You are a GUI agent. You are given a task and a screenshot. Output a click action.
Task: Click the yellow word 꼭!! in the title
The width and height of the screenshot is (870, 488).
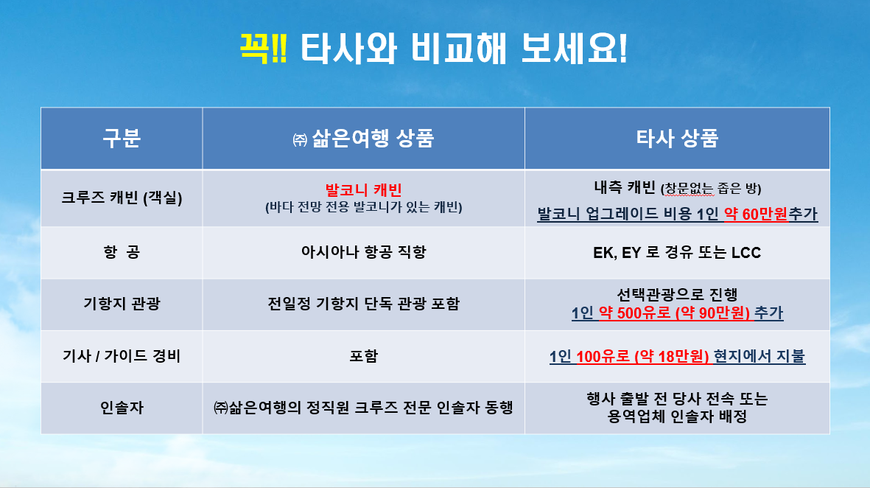point(263,49)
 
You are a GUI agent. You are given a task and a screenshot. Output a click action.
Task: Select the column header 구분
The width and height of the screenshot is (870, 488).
point(122,138)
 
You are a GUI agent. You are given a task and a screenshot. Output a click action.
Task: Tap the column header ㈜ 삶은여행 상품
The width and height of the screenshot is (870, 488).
point(363,139)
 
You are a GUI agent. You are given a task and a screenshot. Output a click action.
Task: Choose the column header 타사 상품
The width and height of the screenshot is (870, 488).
point(677,139)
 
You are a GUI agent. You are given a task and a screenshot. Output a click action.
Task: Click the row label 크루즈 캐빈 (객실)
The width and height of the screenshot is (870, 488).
point(122,198)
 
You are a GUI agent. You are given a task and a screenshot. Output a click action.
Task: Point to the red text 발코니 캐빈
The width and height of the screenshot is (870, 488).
point(363,190)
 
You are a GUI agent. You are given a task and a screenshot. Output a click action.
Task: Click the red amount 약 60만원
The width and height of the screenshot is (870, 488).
point(756,214)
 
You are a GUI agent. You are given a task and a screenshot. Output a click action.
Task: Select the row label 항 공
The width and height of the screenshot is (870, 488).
point(122,252)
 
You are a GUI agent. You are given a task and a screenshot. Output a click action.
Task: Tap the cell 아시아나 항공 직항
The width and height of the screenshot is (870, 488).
point(363,252)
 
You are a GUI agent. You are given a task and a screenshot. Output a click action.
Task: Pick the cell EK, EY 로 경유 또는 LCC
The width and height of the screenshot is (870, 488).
point(677,253)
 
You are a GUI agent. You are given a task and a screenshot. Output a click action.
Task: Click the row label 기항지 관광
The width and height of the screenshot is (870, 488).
point(122,304)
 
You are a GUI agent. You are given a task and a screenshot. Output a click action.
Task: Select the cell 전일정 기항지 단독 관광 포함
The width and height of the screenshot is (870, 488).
point(363,304)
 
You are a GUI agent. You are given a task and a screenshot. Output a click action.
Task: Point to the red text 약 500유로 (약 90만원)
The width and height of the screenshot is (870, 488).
point(674,313)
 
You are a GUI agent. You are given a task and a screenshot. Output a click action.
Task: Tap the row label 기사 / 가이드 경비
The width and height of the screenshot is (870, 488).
point(122,356)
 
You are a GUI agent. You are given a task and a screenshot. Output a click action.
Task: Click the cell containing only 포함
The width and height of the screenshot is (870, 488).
point(363,356)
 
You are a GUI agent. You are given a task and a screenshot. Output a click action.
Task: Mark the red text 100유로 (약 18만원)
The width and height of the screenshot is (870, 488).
point(642,357)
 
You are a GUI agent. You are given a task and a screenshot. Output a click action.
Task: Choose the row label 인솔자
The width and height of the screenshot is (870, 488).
point(122,408)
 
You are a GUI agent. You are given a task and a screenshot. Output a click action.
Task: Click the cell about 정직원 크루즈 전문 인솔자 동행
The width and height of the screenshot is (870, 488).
point(363,408)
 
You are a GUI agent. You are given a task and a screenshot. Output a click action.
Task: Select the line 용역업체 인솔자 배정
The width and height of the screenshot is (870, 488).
point(677,416)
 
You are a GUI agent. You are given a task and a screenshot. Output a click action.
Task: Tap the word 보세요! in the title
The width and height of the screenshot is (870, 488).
point(575,49)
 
